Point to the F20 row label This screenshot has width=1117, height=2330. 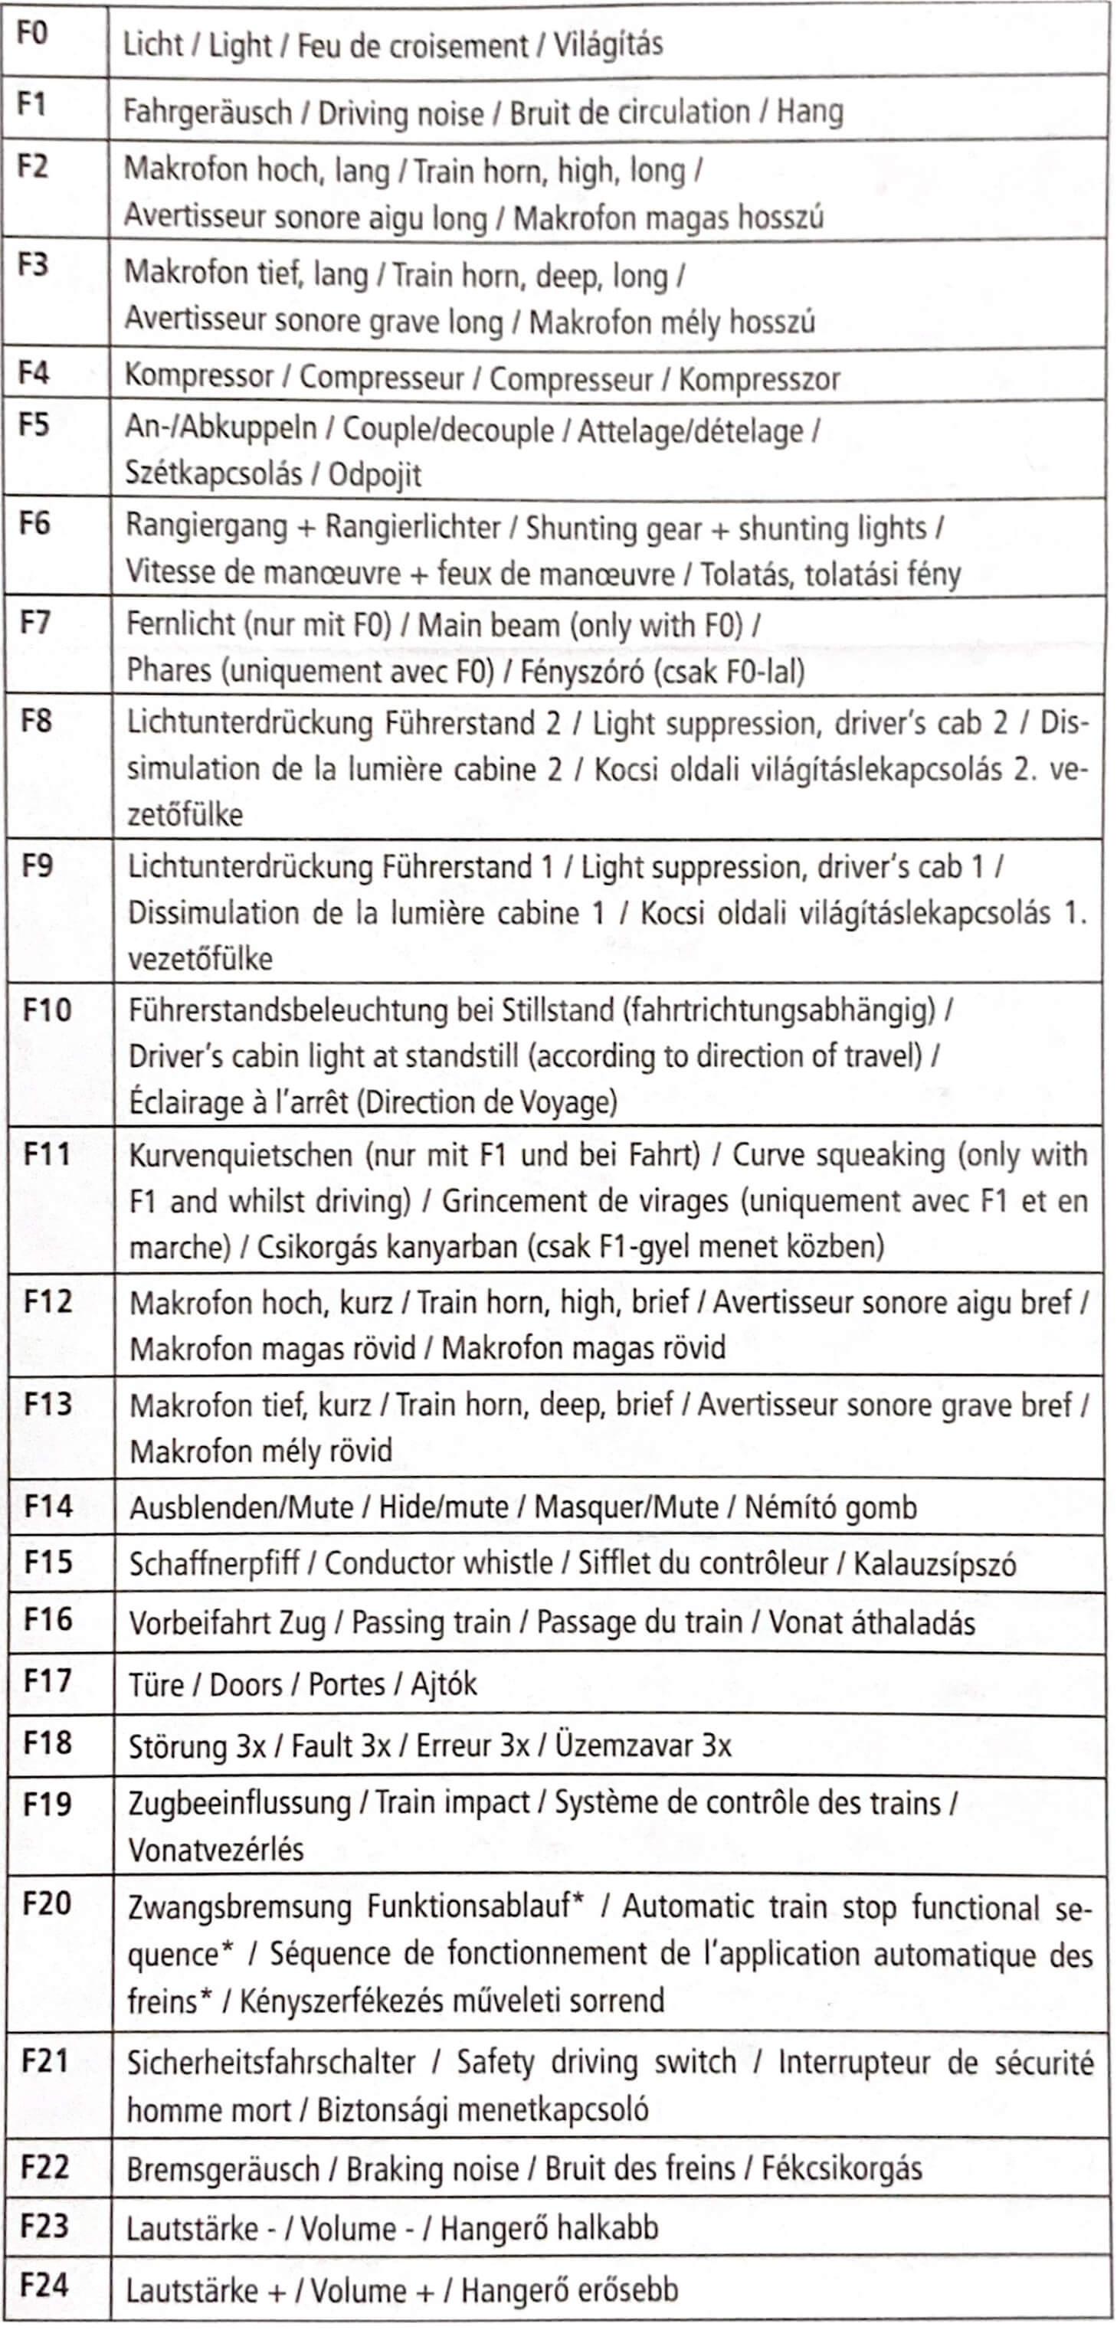pyautogui.click(x=46, y=1903)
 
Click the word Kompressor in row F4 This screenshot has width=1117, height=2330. pyautogui.click(x=199, y=375)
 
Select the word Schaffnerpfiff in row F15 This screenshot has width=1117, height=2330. pyautogui.click(x=215, y=1563)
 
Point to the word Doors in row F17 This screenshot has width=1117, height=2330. pyautogui.click(x=245, y=1684)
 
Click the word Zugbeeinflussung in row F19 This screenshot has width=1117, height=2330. pyautogui.click(x=240, y=1803)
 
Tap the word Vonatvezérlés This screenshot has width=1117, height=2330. pyautogui.click(x=216, y=1849)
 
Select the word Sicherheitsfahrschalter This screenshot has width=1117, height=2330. pyautogui.click(x=271, y=2062)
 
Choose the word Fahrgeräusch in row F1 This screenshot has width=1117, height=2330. pyautogui.click(x=207, y=112)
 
